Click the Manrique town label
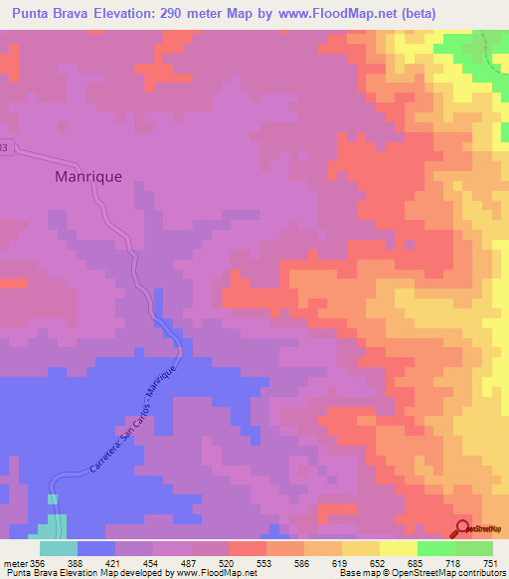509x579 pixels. point(87,176)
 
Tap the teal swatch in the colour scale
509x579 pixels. point(58,548)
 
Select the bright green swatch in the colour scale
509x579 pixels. point(436,548)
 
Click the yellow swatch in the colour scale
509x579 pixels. point(361,548)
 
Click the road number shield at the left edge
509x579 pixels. point(4,147)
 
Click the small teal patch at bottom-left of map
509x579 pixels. point(56,524)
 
